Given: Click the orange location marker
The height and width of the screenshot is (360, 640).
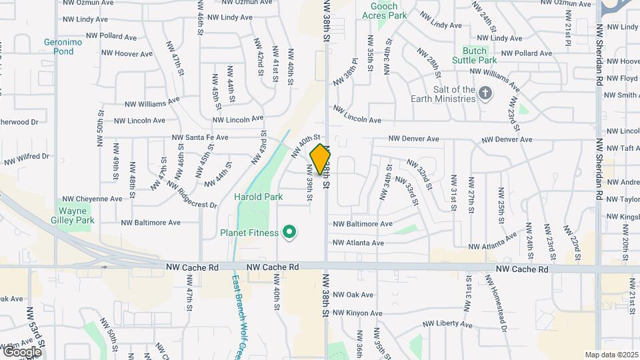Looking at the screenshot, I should point(320,160).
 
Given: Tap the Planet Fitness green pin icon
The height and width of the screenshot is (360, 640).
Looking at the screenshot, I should point(289,232).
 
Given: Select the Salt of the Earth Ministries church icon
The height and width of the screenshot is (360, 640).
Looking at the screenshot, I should point(485,94).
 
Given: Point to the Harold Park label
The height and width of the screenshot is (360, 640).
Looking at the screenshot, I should point(258,197).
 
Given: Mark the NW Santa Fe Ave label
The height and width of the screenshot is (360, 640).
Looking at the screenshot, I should point(200,137).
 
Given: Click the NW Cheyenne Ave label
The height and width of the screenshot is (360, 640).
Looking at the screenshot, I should point(91,199).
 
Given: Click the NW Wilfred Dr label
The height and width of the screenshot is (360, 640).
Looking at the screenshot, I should point(27,159).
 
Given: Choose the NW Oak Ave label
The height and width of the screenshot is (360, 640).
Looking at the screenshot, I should point(353,294).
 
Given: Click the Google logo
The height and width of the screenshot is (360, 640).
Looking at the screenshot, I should point(22,351).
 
